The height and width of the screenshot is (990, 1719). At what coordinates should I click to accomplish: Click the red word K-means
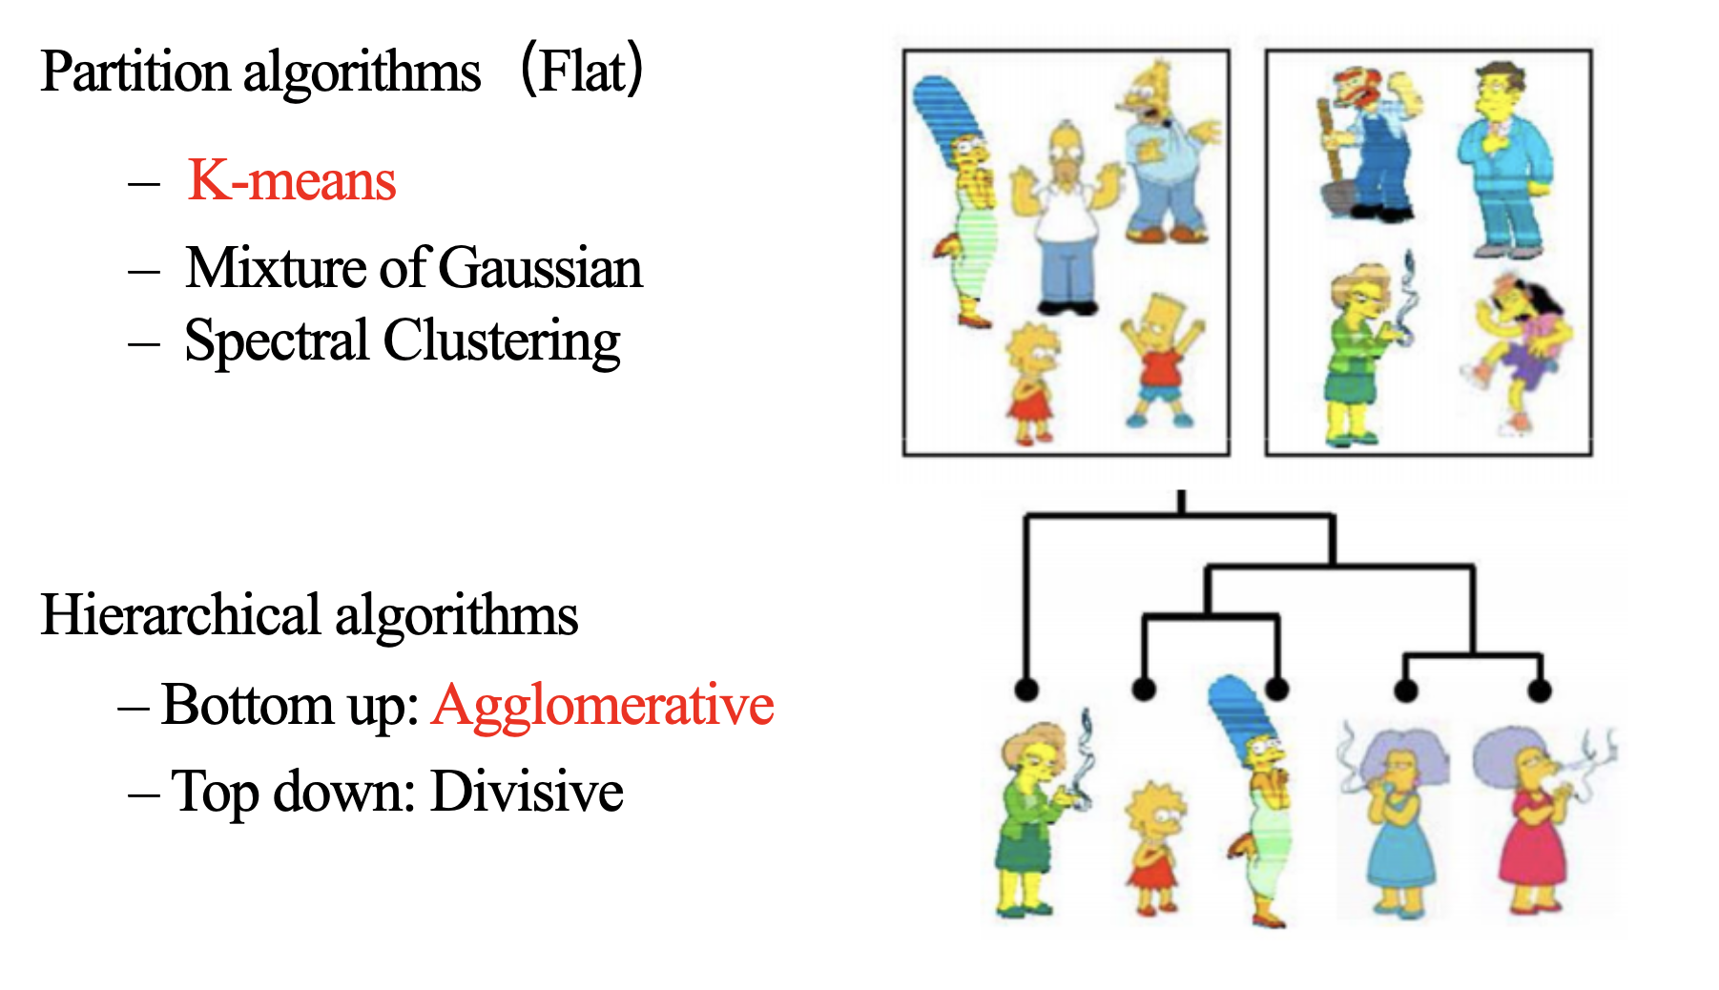[292, 179]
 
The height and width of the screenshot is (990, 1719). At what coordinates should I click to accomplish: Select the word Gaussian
[541, 267]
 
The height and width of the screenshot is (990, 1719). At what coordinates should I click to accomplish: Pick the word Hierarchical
[180, 615]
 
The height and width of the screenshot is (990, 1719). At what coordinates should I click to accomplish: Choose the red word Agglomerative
[602, 706]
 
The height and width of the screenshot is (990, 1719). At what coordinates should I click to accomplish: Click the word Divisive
[527, 792]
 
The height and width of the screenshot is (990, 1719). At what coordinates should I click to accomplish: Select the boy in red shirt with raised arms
[1161, 360]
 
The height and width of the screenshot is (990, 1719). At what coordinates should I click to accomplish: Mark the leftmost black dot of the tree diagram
[1026, 689]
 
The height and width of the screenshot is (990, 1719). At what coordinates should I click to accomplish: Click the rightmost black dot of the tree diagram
[1539, 689]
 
